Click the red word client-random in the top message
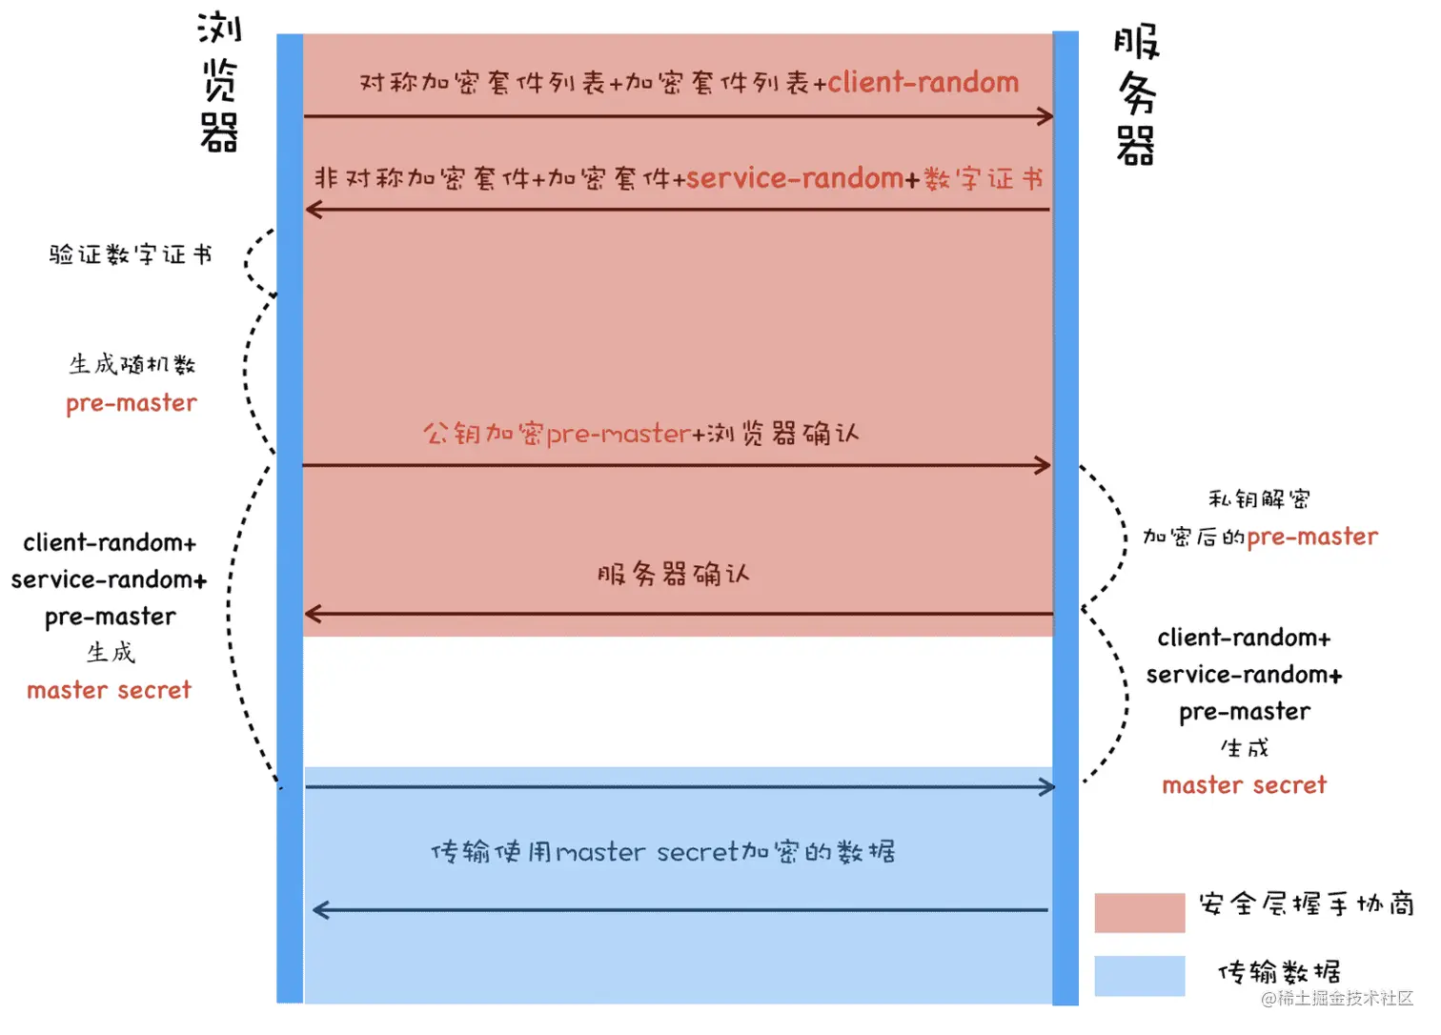pyautogui.click(x=923, y=83)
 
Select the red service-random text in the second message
pyautogui.click(x=794, y=178)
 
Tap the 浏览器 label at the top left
pyautogui.click(x=219, y=82)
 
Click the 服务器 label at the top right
pyautogui.click(x=1136, y=95)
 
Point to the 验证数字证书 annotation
pyautogui.click(x=131, y=254)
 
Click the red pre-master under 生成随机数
pyautogui.click(x=132, y=403)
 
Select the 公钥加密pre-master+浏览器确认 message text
pyautogui.click(x=640, y=434)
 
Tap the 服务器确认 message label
pyautogui.click(x=673, y=574)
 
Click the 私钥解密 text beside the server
pyautogui.click(x=1259, y=498)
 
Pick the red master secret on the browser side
pyautogui.click(x=109, y=690)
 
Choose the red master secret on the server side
pyautogui.click(x=1244, y=785)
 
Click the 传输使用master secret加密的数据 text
pyautogui.click(x=662, y=851)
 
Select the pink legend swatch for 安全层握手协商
pyautogui.click(x=1139, y=912)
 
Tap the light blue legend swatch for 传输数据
pyautogui.click(x=1139, y=976)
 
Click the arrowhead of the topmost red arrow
pyautogui.click(x=1045, y=116)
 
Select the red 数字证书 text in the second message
pyautogui.click(x=984, y=178)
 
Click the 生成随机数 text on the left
pyautogui.click(x=132, y=364)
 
